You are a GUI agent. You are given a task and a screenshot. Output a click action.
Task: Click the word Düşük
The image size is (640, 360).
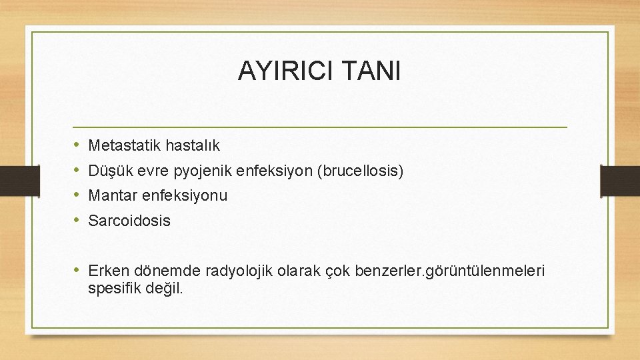pos(107,170)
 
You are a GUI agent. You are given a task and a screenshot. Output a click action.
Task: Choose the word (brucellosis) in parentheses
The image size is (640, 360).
pos(362,171)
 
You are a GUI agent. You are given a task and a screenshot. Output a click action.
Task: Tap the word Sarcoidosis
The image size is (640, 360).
pos(129,221)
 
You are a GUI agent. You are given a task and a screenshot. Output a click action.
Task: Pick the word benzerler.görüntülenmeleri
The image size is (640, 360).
pos(451,271)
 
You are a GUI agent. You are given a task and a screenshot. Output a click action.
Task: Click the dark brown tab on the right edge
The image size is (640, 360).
pos(620,180)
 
